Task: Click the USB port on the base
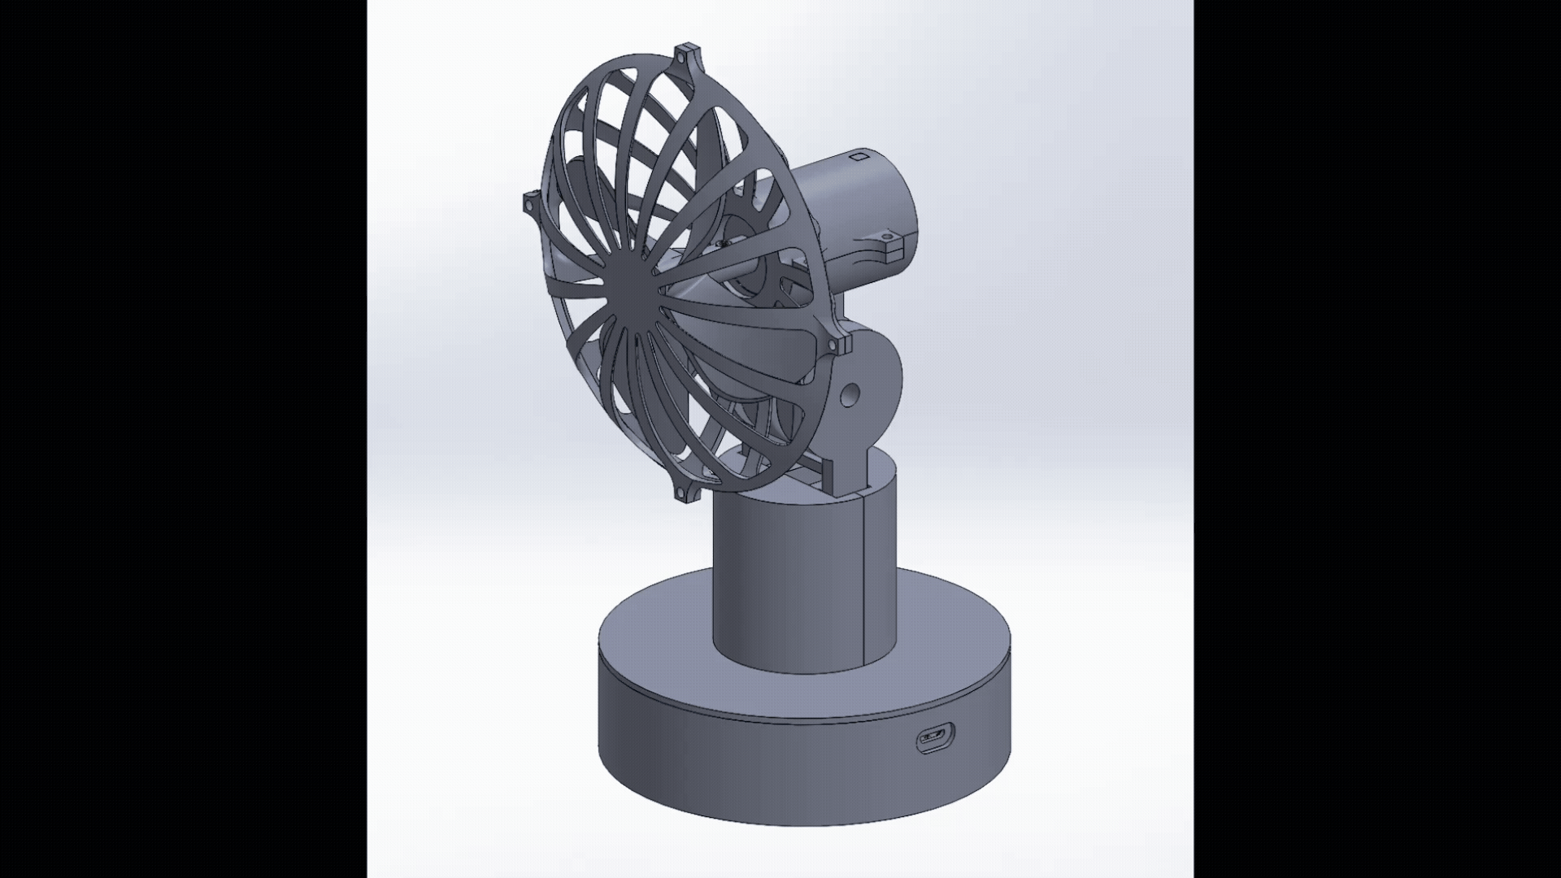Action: point(936,740)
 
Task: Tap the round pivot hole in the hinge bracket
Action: point(850,396)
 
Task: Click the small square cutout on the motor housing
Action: point(859,156)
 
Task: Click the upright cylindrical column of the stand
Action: point(780,585)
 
